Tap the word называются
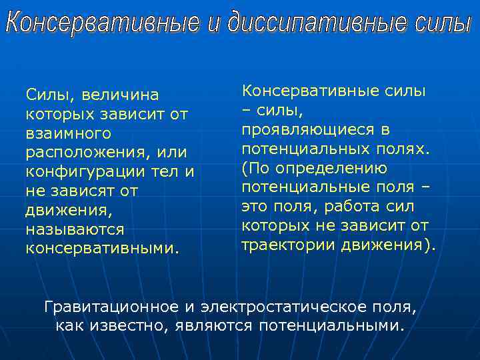pos(75,229)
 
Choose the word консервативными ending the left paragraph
pos(102,249)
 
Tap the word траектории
pos(288,245)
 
